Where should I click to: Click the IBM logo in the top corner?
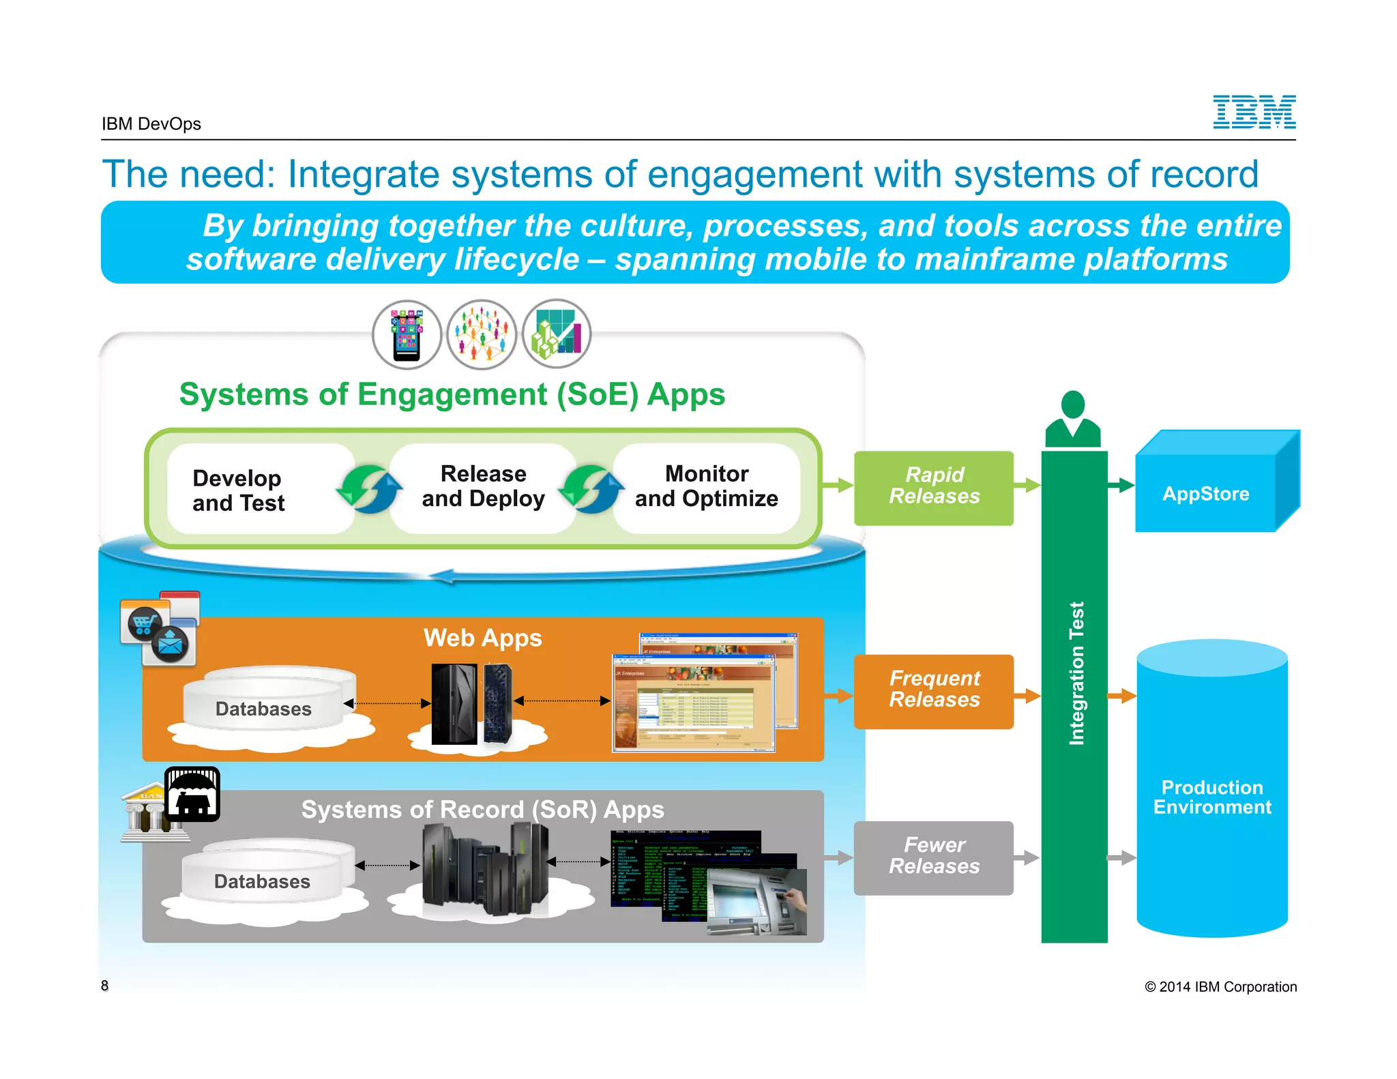click(x=1254, y=112)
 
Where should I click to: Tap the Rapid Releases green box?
click(x=933, y=486)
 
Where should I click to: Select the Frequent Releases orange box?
click(x=933, y=690)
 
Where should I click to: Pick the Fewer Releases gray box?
click(x=933, y=857)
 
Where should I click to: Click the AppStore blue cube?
click(x=1206, y=493)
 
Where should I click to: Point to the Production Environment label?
click(x=1212, y=797)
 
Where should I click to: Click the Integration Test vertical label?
click(x=1076, y=673)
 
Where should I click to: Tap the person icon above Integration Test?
click(x=1073, y=418)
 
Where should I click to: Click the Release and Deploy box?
click(x=483, y=486)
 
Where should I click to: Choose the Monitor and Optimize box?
click(x=706, y=486)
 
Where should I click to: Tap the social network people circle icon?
click(x=482, y=335)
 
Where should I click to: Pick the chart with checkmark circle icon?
click(x=557, y=334)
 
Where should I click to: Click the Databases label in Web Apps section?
click(x=263, y=709)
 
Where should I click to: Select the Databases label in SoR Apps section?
click(x=262, y=882)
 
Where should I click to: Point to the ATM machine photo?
click(x=757, y=902)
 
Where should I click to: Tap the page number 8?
click(x=104, y=986)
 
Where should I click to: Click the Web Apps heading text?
click(x=482, y=638)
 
